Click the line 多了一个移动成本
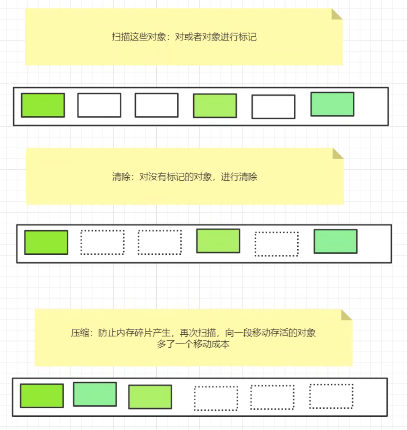pos(193,344)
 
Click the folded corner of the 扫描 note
pos(336,14)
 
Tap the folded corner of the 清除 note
pos(338,153)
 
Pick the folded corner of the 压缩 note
pos(346,315)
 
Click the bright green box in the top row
pos(43,105)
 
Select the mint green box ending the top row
pos(332,104)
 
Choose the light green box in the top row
pos(215,106)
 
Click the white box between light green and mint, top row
pos(273,107)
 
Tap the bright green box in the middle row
pos(46,242)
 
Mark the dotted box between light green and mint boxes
pos(276,244)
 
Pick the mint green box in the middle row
pos(335,241)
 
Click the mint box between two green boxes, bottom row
pos(95,394)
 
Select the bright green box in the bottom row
pos(42,396)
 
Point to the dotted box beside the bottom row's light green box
pos(216,398)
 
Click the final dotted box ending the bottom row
pos(331,396)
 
